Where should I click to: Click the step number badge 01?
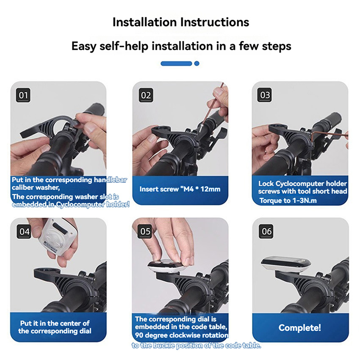pos(23,95)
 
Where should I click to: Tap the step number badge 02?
pos(146,95)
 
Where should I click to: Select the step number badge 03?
pos(265,95)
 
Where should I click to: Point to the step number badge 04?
pos(24,231)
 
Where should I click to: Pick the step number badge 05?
pos(145,231)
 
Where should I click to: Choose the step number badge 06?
pos(266,231)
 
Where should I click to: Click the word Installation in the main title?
pos(145,22)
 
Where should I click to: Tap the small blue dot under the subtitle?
pos(197,64)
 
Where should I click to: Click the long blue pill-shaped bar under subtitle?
pos(176,64)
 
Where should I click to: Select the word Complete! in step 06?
pos(299,328)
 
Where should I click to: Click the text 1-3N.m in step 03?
pos(305,201)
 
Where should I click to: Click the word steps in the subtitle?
pos(277,46)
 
